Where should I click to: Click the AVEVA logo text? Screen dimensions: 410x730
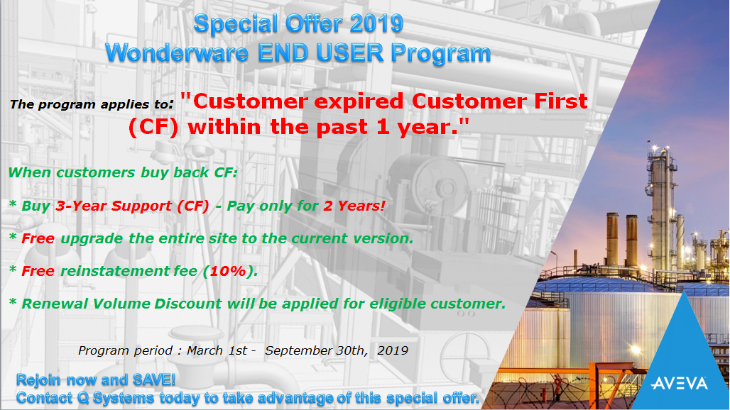[680, 384]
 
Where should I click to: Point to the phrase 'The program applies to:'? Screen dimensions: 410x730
[91, 104]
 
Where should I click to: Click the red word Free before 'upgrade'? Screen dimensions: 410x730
[38, 238]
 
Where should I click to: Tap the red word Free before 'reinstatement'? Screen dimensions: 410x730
[38, 271]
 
